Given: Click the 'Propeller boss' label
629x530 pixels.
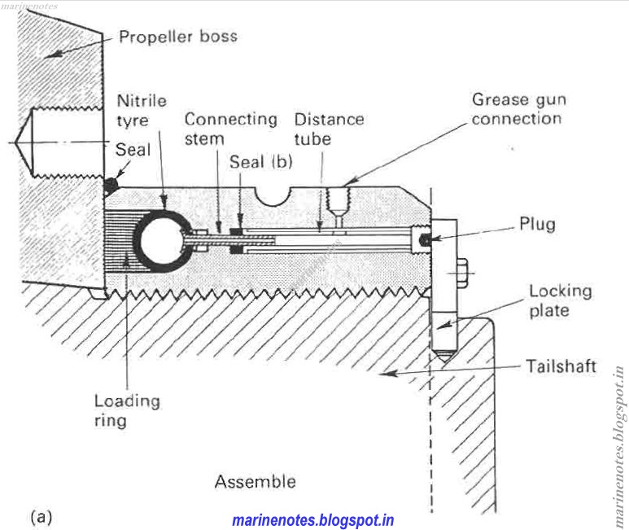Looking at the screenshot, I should pos(178,37).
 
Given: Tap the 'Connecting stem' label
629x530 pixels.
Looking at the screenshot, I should pos(230,129).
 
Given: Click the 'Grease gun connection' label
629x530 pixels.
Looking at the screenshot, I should pos(518,109).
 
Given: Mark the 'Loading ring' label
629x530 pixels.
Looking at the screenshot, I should pos(126,410).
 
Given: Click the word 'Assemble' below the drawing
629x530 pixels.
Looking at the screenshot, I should pos(255,481).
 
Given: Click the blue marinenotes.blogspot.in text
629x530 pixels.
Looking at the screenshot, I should pos(313,519).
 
